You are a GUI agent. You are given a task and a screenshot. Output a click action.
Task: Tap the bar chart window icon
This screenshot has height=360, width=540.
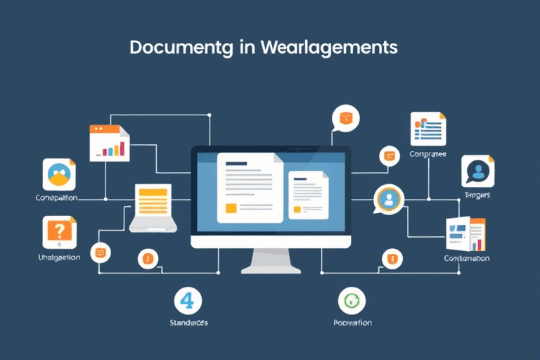point(110,143)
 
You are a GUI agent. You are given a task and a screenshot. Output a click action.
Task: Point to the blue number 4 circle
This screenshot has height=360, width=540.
point(188,300)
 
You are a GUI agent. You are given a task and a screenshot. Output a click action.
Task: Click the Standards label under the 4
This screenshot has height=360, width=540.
point(188,323)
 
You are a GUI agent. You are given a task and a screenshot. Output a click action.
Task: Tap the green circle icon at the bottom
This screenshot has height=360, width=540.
point(352,300)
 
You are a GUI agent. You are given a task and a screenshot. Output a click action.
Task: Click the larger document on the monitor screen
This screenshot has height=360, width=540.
point(249,188)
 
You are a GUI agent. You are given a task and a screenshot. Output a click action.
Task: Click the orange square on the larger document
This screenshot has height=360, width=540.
point(231,208)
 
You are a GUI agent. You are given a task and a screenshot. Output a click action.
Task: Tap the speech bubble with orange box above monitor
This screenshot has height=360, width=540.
point(346,118)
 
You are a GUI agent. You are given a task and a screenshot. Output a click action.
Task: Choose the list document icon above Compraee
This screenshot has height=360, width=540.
point(427,129)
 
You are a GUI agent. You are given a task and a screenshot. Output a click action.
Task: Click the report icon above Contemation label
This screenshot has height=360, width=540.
point(465,235)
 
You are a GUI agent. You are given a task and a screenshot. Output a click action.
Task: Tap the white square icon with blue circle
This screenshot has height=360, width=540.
point(59,174)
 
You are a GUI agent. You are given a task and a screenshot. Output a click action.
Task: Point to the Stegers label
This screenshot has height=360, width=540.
point(478,195)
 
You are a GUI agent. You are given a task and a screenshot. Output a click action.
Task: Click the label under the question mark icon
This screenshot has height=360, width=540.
point(59,257)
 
